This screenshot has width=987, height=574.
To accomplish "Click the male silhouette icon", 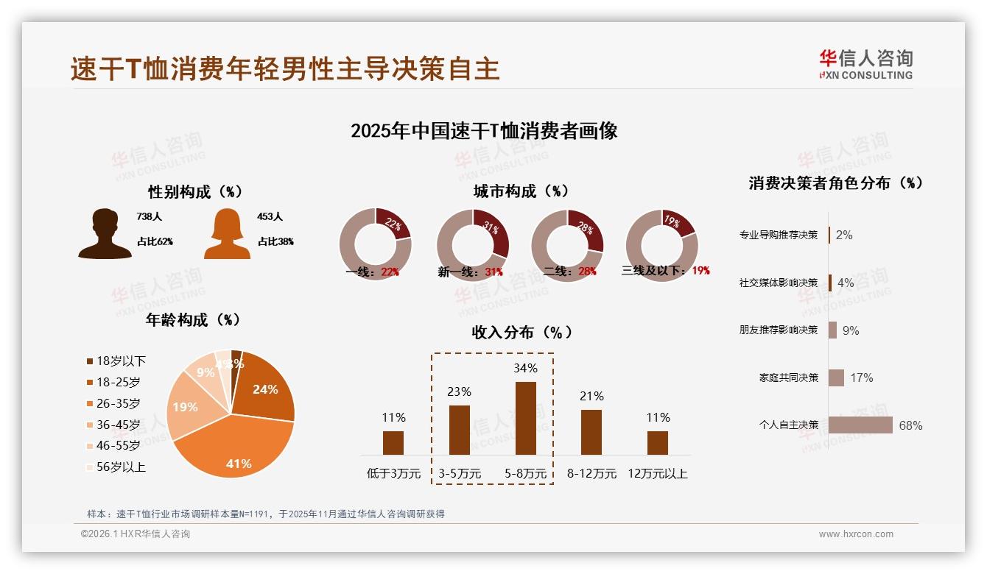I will click(105, 234).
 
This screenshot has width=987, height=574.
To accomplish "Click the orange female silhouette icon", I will click(227, 234).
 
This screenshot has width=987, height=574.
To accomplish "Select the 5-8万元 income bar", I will click(525, 418).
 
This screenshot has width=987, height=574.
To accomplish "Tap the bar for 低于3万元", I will click(393, 442).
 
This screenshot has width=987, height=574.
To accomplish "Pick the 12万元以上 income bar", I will click(657, 442).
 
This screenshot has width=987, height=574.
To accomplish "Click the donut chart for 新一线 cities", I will click(472, 244).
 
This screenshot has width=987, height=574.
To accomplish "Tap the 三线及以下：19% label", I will click(665, 271).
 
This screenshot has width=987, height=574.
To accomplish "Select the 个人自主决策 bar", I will click(860, 425).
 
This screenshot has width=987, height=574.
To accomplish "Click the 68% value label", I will click(910, 425).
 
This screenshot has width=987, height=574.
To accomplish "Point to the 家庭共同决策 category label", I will click(788, 378).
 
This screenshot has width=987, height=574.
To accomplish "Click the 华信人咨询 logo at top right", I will click(865, 65).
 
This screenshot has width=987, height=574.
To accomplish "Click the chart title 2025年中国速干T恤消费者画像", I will click(484, 131).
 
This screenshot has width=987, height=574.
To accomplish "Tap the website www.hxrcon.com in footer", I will click(856, 534).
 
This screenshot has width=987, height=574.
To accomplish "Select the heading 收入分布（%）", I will click(521, 332).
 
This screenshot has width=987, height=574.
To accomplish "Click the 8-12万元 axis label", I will click(591, 473).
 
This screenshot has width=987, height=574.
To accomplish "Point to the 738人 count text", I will click(149, 217).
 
